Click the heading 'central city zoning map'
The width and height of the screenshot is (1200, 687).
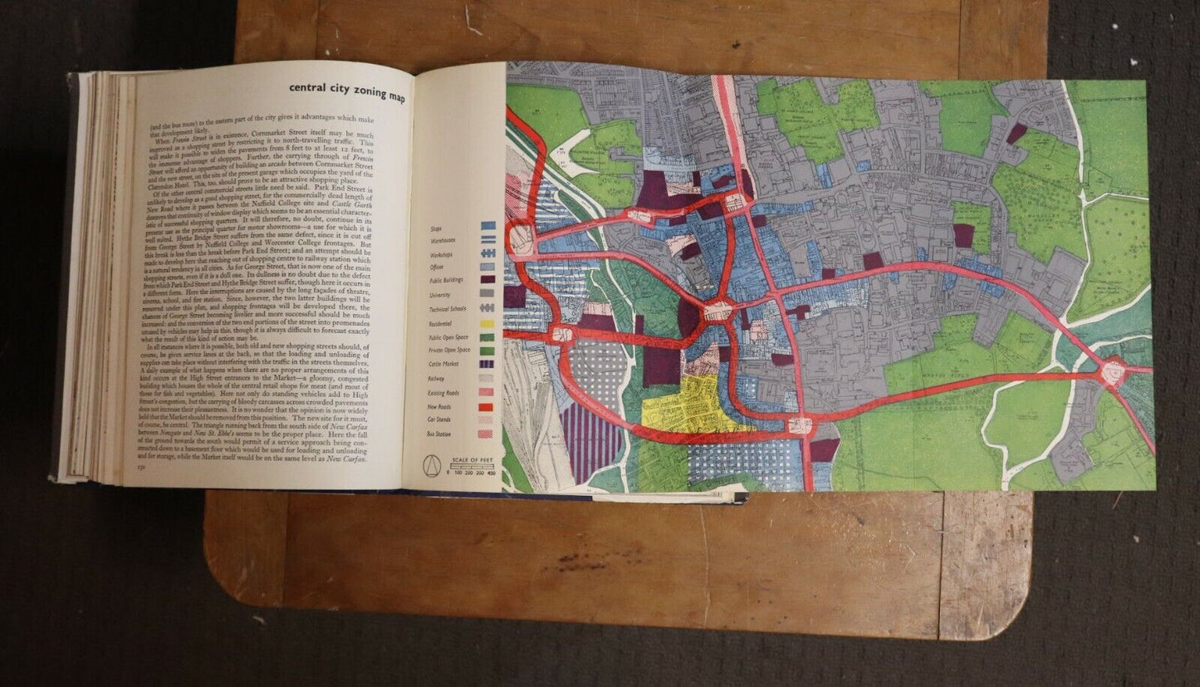347,91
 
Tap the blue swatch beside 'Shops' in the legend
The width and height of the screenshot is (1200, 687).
488,225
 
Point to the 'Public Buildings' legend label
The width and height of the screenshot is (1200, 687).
447,280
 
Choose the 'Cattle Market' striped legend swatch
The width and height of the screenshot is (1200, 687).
488,362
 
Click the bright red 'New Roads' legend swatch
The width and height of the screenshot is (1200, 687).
488,406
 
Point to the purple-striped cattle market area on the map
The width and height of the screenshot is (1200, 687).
591,440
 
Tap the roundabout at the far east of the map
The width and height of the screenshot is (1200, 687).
1113,372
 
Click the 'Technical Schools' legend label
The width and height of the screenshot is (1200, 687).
447,307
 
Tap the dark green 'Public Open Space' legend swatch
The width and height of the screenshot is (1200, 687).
488,336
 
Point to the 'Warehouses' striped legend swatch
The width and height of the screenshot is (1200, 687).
488,238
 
